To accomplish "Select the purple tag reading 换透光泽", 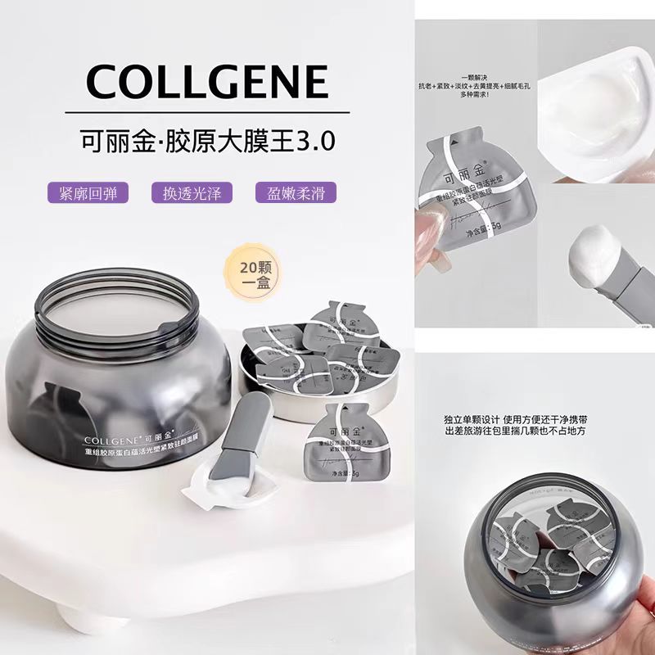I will pyautogui.click(x=192, y=192).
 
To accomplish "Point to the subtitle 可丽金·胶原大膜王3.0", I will pyautogui.click(x=206, y=138).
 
